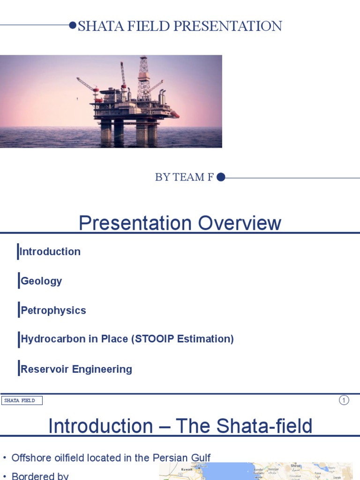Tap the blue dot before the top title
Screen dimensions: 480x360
[73, 25]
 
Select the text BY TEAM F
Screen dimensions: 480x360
[184, 177]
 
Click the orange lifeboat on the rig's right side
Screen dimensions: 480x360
[174, 114]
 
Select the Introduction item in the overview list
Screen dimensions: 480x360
[50, 252]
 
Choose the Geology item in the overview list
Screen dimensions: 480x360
[41, 281]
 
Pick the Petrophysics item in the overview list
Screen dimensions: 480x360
[53, 310]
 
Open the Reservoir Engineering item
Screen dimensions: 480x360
[76, 369]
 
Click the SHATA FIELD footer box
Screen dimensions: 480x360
[22, 400]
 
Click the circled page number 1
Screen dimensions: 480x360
[344, 400]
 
